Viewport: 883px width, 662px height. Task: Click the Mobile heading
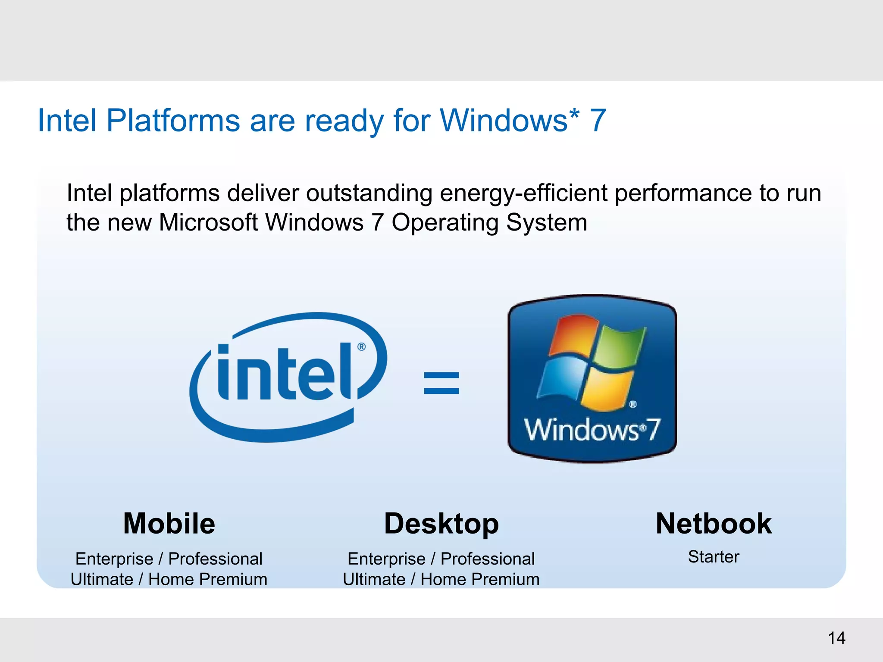(x=169, y=524)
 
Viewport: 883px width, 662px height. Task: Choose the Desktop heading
(x=441, y=524)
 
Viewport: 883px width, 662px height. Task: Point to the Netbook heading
(x=714, y=524)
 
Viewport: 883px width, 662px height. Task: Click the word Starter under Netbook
(x=714, y=557)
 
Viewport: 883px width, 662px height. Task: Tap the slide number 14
(x=836, y=638)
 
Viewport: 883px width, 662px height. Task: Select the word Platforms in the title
(x=173, y=120)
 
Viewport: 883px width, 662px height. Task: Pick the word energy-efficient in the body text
(x=523, y=193)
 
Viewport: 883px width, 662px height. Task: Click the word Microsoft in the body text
(x=208, y=223)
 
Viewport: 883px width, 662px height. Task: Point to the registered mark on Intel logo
(x=361, y=347)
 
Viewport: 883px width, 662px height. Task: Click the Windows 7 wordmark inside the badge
(x=592, y=430)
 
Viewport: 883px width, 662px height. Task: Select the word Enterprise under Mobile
(x=114, y=559)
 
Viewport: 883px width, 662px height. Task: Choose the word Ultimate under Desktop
(x=374, y=580)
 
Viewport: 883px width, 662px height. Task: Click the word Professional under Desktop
(x=488, y=559)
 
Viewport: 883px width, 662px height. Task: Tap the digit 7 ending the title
(x=598, y=120)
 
